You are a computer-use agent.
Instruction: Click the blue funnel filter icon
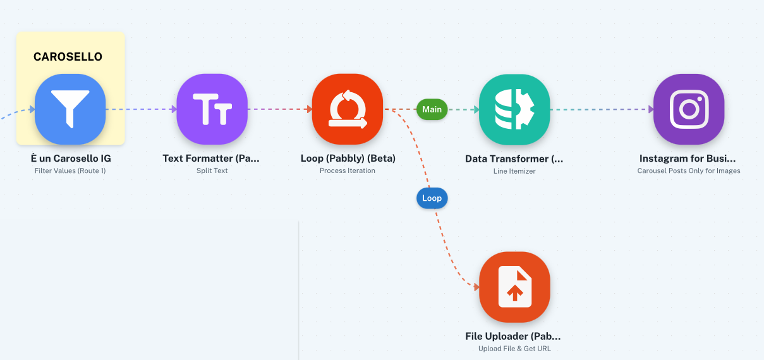tap(70, 109)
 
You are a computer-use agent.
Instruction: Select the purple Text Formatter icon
tap(212, 109)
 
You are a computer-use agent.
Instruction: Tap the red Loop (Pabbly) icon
tap(347, 109)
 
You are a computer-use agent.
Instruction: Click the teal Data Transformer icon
tap(514, 109)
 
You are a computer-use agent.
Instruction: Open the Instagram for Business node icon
tap(689, 109)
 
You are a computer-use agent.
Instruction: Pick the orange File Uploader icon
tap(514, 287)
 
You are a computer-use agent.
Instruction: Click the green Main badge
tap(432, 109)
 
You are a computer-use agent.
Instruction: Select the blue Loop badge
tap(432, 198)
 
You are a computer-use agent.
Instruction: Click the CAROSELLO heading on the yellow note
tap(68, 57)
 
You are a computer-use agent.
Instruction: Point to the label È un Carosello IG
tap(71, 158)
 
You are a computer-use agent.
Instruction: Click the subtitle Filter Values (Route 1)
tap(70, 171)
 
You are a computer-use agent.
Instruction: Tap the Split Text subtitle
tap(212, 171)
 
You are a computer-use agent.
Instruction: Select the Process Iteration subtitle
tap(347, 171)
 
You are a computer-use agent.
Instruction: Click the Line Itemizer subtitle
tap(514, 171)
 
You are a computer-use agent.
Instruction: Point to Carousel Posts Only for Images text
tap(689, 171)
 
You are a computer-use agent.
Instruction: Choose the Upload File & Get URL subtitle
tap(514, 349)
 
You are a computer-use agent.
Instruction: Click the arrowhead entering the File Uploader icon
tap(476, 287)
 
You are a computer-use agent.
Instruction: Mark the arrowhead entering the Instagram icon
tap(651, 109)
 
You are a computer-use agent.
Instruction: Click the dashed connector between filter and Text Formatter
tap(141, 109)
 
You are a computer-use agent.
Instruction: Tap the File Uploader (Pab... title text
tap(513, 336)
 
